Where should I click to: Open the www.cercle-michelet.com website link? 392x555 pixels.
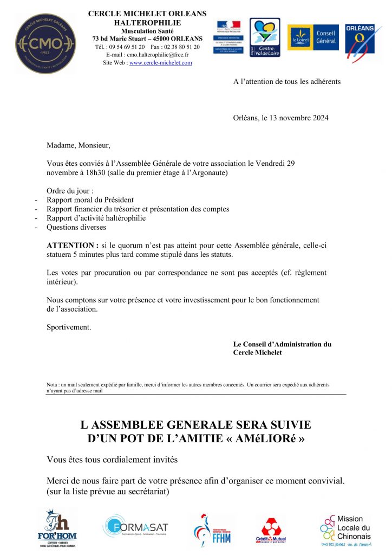(x=161, y=63)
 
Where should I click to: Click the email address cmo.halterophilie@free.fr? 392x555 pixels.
(x=155, y=55)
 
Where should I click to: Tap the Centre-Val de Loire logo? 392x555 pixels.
(x=265, y=37)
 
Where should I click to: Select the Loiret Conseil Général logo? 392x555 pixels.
(x=313, y=37)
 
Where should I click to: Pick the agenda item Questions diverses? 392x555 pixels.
(x=76, y=228)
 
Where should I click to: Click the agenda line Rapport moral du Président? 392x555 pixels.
(x=90, y=200)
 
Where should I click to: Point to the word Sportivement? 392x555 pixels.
(x=69, y=327)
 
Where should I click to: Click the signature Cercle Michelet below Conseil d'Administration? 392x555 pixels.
(x=258, y=352)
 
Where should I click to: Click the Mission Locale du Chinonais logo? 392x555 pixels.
(x=345, y=529)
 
